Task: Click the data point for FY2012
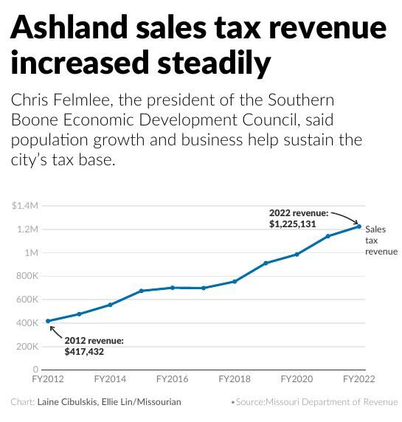tap(48, 321)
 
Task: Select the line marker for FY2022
tap(359, 226)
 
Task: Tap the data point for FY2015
tap(141, 291)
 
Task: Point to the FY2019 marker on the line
tap(266, 263)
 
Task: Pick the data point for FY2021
tap(328, 236)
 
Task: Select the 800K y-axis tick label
tap(26, 276)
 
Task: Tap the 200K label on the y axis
tap(26, 346)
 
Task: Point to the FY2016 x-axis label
tap(172, 378)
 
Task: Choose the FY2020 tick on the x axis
tap(297, 378)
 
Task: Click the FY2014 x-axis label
tap(110, 378)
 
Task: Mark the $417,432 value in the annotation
tap(85, 352)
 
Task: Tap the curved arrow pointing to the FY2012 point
tap(55, 332)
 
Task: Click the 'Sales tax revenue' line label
tap(381, 241)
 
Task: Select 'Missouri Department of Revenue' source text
tap(334, 402)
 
